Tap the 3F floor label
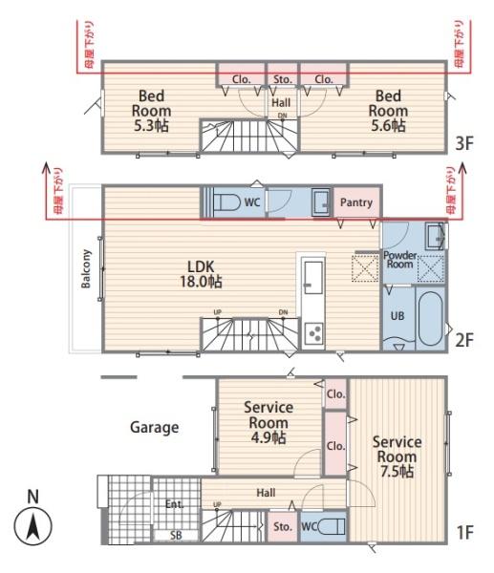[464, 143]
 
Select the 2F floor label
[464, 340]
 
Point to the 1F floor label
[465, 533]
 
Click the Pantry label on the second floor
[356, 202]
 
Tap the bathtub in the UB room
[431, 319]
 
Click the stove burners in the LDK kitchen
[313, 333]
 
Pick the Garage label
[155, 428]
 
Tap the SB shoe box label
[176, 536]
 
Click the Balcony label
[86, 269]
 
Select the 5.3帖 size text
[151, 126]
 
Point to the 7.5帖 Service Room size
[397, 472]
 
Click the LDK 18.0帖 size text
[201, 282]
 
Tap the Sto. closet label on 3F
[283, 79]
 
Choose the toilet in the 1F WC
[332, 527]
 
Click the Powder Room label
[400, 260]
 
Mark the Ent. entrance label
[174, 504]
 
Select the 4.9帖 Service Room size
[268, 437]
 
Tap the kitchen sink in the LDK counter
[313, 277]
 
